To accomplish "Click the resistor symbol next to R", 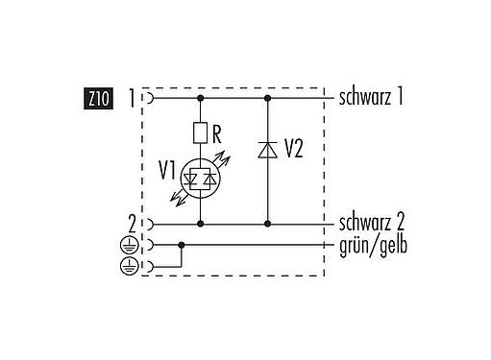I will pyautogui.click(x=201, y=132).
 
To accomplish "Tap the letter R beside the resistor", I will pyautogui.click(x=218, y=132).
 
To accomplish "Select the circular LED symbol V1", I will pyautogui.click(x=201, y=178).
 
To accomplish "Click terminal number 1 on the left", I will pyautogui.click(x=134, y=97).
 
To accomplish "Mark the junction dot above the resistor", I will pyautogui.click(x=201, y=97).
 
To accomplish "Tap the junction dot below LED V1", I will pyautogui.click(x=201, y=224).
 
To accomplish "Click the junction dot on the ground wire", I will pyautogui.click(x=182, y=245).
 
